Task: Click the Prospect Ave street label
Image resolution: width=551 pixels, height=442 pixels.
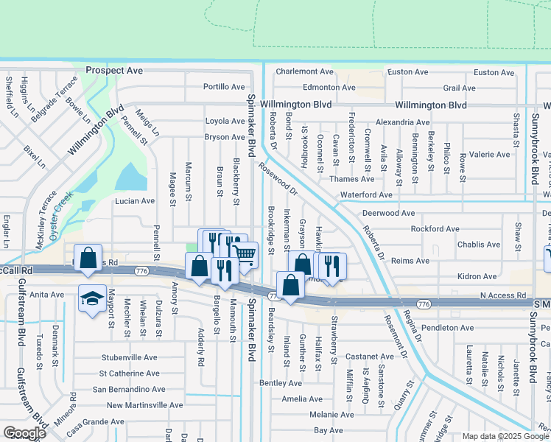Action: click(x=113, y=71)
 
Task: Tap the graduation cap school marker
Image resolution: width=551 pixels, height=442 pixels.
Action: click(x=92, y=298)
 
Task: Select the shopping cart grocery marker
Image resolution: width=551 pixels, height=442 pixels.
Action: click(x=245, y=256)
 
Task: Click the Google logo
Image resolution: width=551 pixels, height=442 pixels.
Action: click(x=24, y=433)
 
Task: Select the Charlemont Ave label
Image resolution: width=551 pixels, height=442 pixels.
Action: click(x=305, y=72)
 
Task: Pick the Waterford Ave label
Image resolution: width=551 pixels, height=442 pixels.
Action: click(x=366, y=195)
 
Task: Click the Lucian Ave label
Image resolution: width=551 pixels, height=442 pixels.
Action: click(x=133, y=200)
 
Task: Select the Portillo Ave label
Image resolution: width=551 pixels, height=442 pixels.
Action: click(x=224, y=87)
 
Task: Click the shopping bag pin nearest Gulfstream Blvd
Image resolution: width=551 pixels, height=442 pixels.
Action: click(x=88, y=259)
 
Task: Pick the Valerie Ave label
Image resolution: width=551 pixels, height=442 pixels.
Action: click(x=489, y=155)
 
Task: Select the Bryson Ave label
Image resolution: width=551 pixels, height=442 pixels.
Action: click(x=224, y=137)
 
